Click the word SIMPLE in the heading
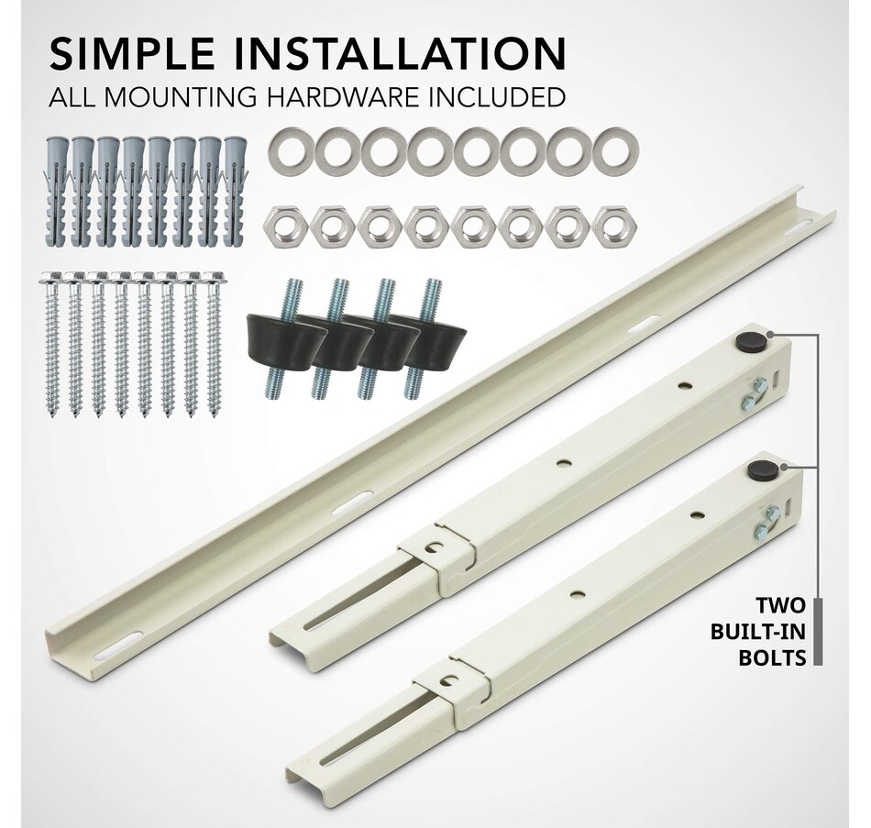tap(132, 53)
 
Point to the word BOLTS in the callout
tap(772, 658)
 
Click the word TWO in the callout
tap(780, 605)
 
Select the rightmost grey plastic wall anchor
tap(236, 190)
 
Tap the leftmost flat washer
tap(291, 150)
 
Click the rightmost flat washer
tap(615, 150)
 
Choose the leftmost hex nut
tap(284, 228)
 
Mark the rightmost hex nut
tap(615, 228)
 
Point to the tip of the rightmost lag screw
tap(214, 416)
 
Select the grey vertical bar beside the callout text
tap(818, 632)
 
